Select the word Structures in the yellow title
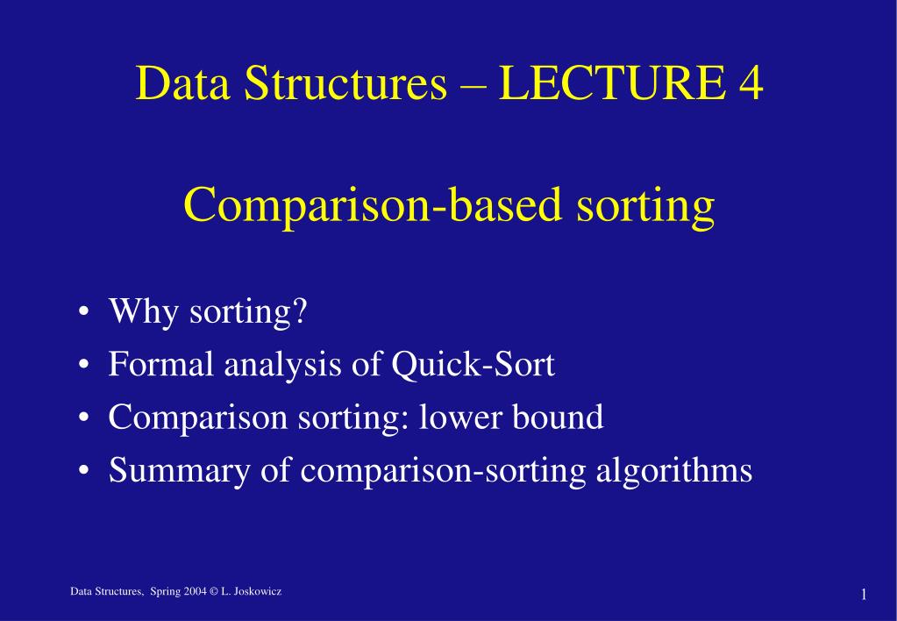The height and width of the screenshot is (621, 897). point(344,84)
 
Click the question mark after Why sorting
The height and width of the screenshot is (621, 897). point(303,311)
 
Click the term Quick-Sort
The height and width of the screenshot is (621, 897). point(473,364)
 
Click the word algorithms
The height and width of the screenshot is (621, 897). point(674,471)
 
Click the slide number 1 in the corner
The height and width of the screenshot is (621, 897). point(864,596)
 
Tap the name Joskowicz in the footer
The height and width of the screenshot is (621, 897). point(259,594)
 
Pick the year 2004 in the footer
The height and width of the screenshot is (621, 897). point(195,594)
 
